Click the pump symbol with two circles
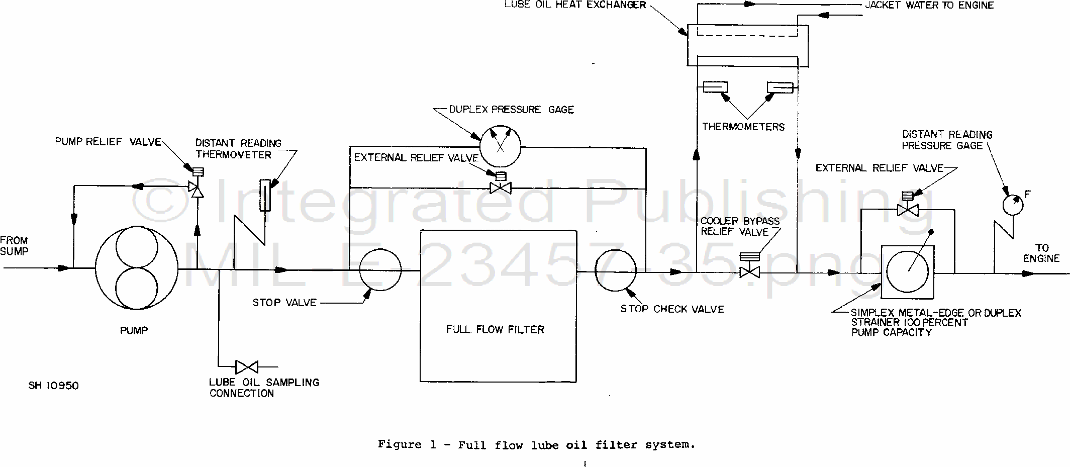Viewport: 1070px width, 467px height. [136, 268]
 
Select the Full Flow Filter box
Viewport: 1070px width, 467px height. [498, 306]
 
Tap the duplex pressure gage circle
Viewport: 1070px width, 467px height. [500, 146]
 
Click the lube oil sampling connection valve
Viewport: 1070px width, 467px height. [246, 367]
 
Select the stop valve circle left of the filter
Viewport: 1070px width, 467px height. [380, 270]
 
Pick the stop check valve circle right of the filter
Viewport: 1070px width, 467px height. [615, 270]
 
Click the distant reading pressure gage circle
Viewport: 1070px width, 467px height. [1013, 205]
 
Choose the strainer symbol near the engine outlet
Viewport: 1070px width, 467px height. [908, 272]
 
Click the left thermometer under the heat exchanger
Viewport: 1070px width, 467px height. [715, 87]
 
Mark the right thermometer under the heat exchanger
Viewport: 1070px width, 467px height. [780, 87]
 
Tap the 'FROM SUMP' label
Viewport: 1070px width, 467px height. [14, 246]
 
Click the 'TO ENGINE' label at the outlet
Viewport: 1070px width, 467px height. [1041, 253]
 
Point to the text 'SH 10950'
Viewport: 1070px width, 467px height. [54, 386]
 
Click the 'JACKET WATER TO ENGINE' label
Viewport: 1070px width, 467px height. [929, 6]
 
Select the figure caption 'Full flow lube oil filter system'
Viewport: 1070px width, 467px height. [536, 444]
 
